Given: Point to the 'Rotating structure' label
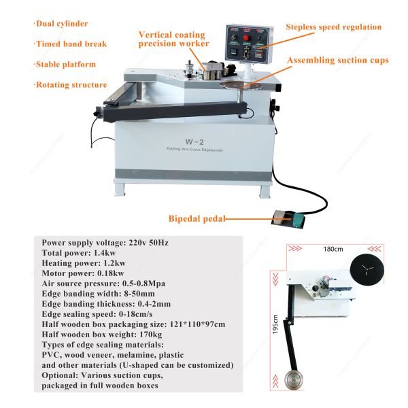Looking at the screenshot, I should [x=71, y=85].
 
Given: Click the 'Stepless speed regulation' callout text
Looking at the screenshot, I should [x=333, y=27].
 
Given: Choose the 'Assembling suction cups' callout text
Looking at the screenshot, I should [x=338, y=61].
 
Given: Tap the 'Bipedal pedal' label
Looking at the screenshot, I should [x=197, y=219].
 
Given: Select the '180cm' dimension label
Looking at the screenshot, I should [x=333, y=249].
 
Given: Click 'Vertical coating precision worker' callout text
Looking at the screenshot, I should [x=173, y=39].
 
